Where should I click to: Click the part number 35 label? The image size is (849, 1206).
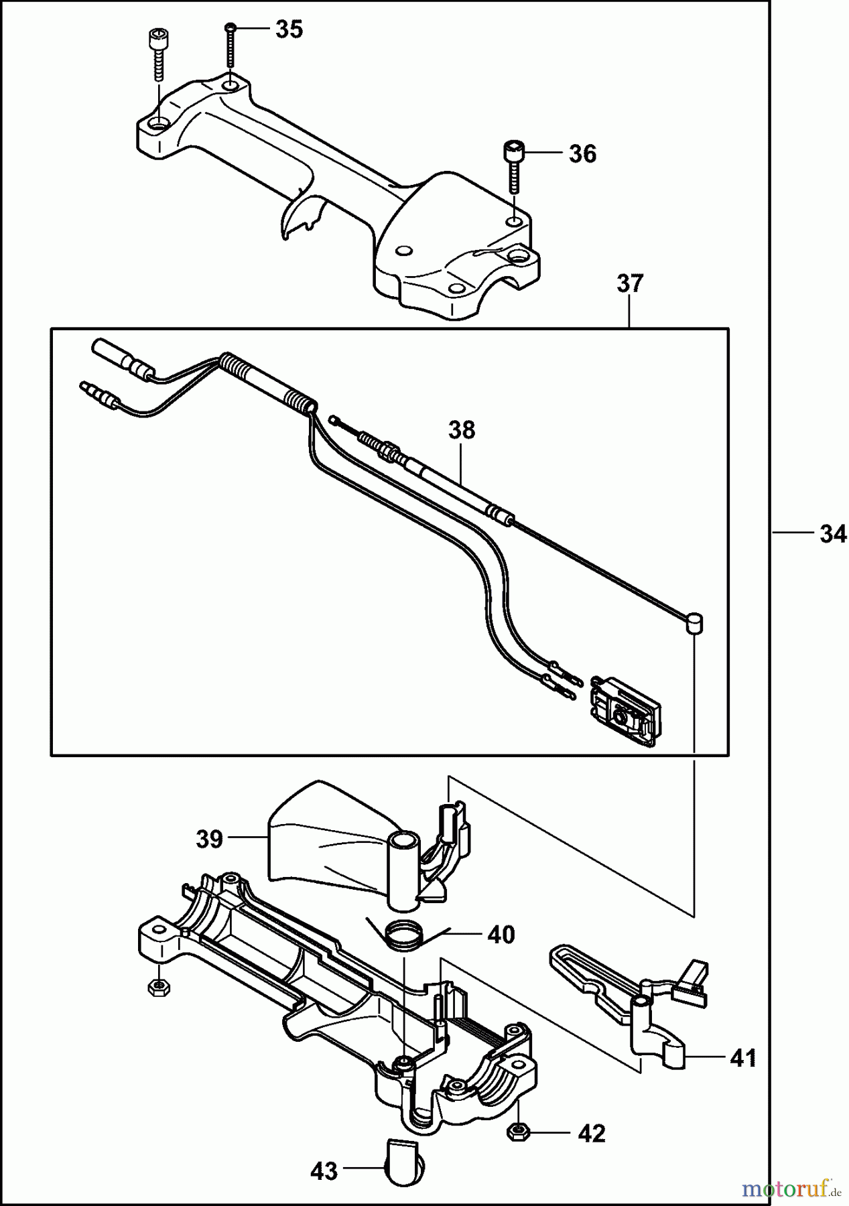point(289,30)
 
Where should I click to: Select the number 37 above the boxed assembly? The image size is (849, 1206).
point(629,283)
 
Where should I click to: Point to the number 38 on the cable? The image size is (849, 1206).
point(462,429)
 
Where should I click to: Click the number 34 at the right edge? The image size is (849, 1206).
point(832,535)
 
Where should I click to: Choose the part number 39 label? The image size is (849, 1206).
point(209,838)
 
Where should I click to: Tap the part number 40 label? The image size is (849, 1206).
point(501,934)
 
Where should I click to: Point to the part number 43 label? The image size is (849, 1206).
point(324,1172)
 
